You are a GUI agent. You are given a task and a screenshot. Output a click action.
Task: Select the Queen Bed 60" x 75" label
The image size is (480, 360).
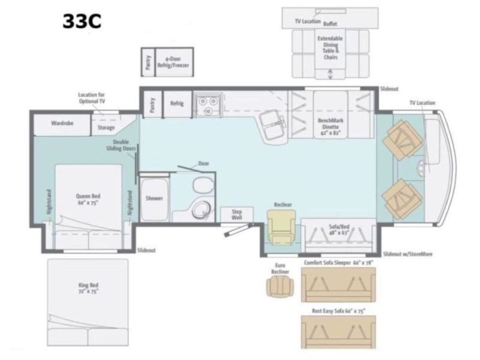(88, 199)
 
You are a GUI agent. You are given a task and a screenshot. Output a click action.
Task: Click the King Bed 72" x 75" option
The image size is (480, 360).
(88, 289)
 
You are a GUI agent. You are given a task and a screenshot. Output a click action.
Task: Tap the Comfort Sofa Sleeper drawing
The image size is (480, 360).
(338, 286)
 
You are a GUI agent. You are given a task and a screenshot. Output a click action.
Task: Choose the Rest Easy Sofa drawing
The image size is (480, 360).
(338, 329)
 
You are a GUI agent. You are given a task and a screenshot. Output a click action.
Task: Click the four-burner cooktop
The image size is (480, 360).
(207, 106)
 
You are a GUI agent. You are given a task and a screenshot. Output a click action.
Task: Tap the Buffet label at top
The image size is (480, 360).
(330, 24)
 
